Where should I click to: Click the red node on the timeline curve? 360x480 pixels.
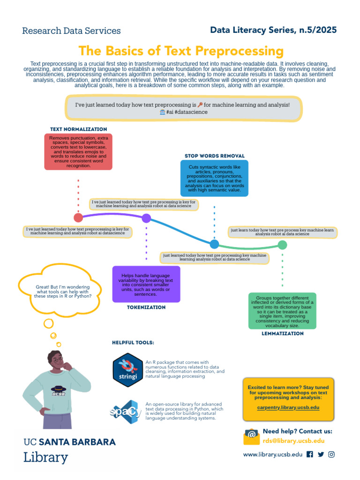pyautogui.click(x=78, y=217)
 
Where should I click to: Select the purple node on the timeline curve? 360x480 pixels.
pyautogui.click(x=146, y=218)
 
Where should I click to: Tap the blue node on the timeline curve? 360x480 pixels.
pyautogui.click(x=214, y=244)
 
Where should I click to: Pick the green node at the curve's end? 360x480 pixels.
pyautogui.click(x=282, y=245)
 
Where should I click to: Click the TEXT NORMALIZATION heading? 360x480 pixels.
pyautogui.click(x=79, y=129)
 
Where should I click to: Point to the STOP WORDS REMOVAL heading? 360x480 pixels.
pyautogui.click(x=215, y=156)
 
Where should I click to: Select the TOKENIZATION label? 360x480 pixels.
pyautogui.click(x=146, y=307)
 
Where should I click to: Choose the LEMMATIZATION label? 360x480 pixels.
pyautogui.click(x=283, y=333)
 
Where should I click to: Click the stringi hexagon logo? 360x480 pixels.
pyautogui.click(x=127, y=370)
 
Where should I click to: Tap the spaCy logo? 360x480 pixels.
pyautogui.click(x=126, y=412)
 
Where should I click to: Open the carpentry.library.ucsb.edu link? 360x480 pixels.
pyautogui.click(x=288, y=407)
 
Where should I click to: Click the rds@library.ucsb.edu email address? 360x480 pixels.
pyautogui.click(x=293, y=441)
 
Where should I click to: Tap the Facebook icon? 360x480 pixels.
pyautogui.click(x=310, y=454)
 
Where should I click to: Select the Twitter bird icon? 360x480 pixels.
pyautogui.click(x=321, y=454)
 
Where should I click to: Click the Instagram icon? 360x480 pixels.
pyautogui.click(x=331, y=454)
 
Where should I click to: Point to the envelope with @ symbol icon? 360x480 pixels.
pyautogui.click(x=251, y=436)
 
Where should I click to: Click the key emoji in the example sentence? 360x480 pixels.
pyautogui.click(x=200, y=105)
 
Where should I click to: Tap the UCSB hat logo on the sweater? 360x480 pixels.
pyautogui.click(x=59, y=390)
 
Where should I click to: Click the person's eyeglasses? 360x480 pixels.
pyautogui.click(x=58, y=360)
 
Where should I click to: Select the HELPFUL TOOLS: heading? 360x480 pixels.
pyautogui.click(x=133, y=343)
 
